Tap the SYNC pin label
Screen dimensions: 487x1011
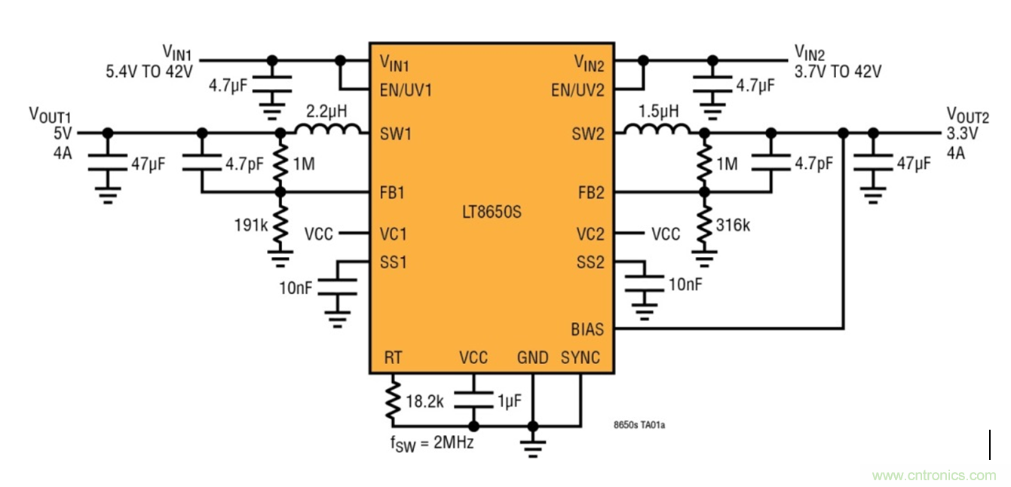581,358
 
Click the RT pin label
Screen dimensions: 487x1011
393,358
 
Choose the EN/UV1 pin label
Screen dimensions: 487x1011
406,90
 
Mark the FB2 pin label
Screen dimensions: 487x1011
590,192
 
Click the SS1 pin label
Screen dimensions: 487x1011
394,263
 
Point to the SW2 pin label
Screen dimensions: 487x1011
589,134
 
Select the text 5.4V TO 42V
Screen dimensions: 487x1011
149,72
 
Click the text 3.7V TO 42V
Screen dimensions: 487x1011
838,72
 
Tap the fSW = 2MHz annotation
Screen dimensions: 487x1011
431,443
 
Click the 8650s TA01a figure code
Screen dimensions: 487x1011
639,425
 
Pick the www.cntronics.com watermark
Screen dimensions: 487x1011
933,476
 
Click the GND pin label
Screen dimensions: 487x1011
532,358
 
